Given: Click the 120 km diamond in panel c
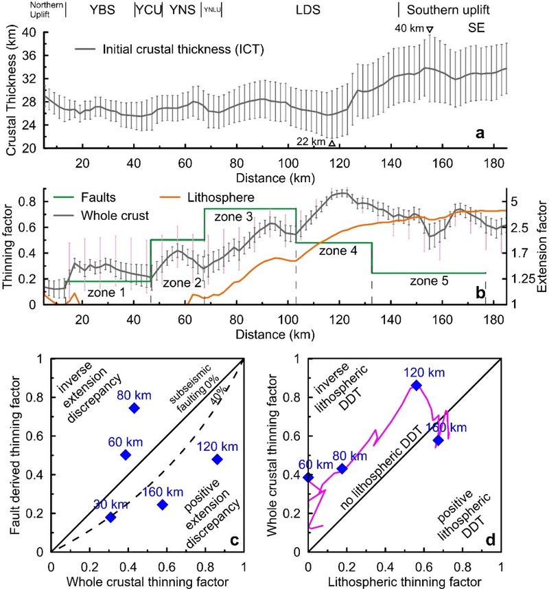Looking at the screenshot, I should point(217,459).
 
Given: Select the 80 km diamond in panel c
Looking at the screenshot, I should point(134,408).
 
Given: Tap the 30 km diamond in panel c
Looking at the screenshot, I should point(110,517).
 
